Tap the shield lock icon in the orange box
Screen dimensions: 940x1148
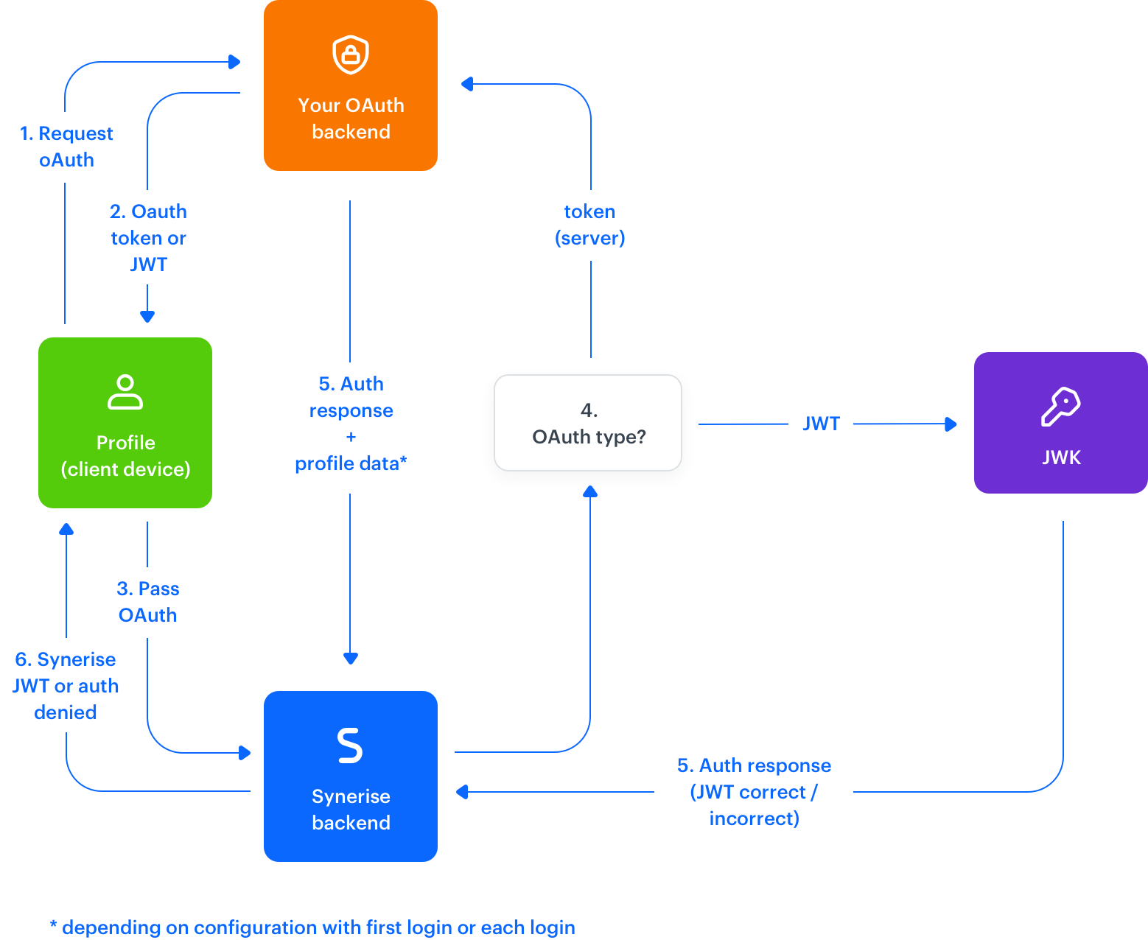(351, 55)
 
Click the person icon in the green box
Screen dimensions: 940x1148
(125, 391)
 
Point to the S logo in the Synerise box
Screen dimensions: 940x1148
(350, 745)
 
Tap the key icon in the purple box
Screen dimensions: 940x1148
(1060, 406)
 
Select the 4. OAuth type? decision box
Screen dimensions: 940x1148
(588, 424)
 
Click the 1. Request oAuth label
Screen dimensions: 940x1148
(66, 147)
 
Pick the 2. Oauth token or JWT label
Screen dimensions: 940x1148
(148, 237)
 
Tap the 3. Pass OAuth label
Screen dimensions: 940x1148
(147, 602)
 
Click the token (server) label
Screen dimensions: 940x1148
(589, 225)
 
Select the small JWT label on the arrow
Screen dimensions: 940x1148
(821, 423)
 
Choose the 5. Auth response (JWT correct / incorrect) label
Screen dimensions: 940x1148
(754, 791)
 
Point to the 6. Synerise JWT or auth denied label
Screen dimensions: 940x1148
(65, 685)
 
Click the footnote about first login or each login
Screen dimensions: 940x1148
(312, 927)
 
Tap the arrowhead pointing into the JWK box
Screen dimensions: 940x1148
(951, 424)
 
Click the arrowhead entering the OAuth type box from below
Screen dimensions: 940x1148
(590, 491)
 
